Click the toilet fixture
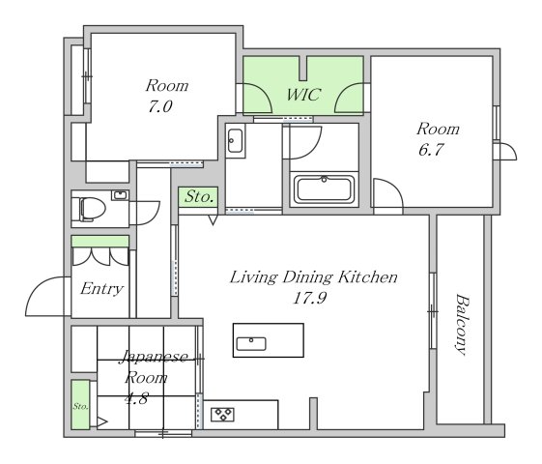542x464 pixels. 92,209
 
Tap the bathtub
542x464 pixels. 324,189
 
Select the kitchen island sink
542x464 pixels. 251,344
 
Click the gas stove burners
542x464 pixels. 222,414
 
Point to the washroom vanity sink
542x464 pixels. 236,141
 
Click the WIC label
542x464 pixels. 303,95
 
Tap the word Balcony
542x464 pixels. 462,324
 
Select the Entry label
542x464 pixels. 101,289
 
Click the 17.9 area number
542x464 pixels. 309,298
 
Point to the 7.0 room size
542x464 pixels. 160,106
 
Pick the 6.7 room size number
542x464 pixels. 431,150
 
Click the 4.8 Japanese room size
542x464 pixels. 136,399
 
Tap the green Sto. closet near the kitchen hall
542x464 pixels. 198,197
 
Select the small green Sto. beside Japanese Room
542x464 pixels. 80,405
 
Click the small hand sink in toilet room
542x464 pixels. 120,195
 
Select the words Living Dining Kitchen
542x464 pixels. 314,277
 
